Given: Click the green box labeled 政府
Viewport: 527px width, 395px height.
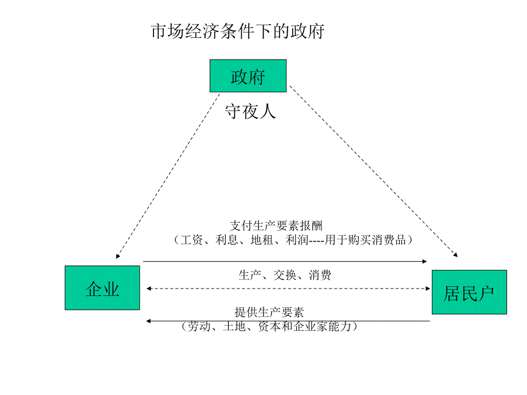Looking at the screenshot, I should (248, 76).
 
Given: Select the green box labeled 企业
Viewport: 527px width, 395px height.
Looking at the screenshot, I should (103, 288).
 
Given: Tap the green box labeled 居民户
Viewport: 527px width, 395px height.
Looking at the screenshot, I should (469, 293).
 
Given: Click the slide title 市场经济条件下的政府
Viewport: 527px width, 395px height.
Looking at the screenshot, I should (237, 31).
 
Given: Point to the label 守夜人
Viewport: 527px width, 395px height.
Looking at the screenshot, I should (250, 111).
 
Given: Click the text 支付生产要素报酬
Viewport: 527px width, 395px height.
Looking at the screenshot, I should (277, 225).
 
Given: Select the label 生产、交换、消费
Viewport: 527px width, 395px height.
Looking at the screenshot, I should (285, 275).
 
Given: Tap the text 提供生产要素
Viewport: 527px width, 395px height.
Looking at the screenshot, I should (269, 312).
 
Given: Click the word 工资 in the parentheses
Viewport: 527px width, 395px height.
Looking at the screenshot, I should (190, 240).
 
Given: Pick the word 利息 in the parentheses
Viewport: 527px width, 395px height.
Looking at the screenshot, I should (226, 240).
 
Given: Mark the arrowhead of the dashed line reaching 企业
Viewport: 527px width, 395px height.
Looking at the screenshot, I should (117, 256).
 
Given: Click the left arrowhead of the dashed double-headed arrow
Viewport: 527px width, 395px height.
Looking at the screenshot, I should (149, 288).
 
